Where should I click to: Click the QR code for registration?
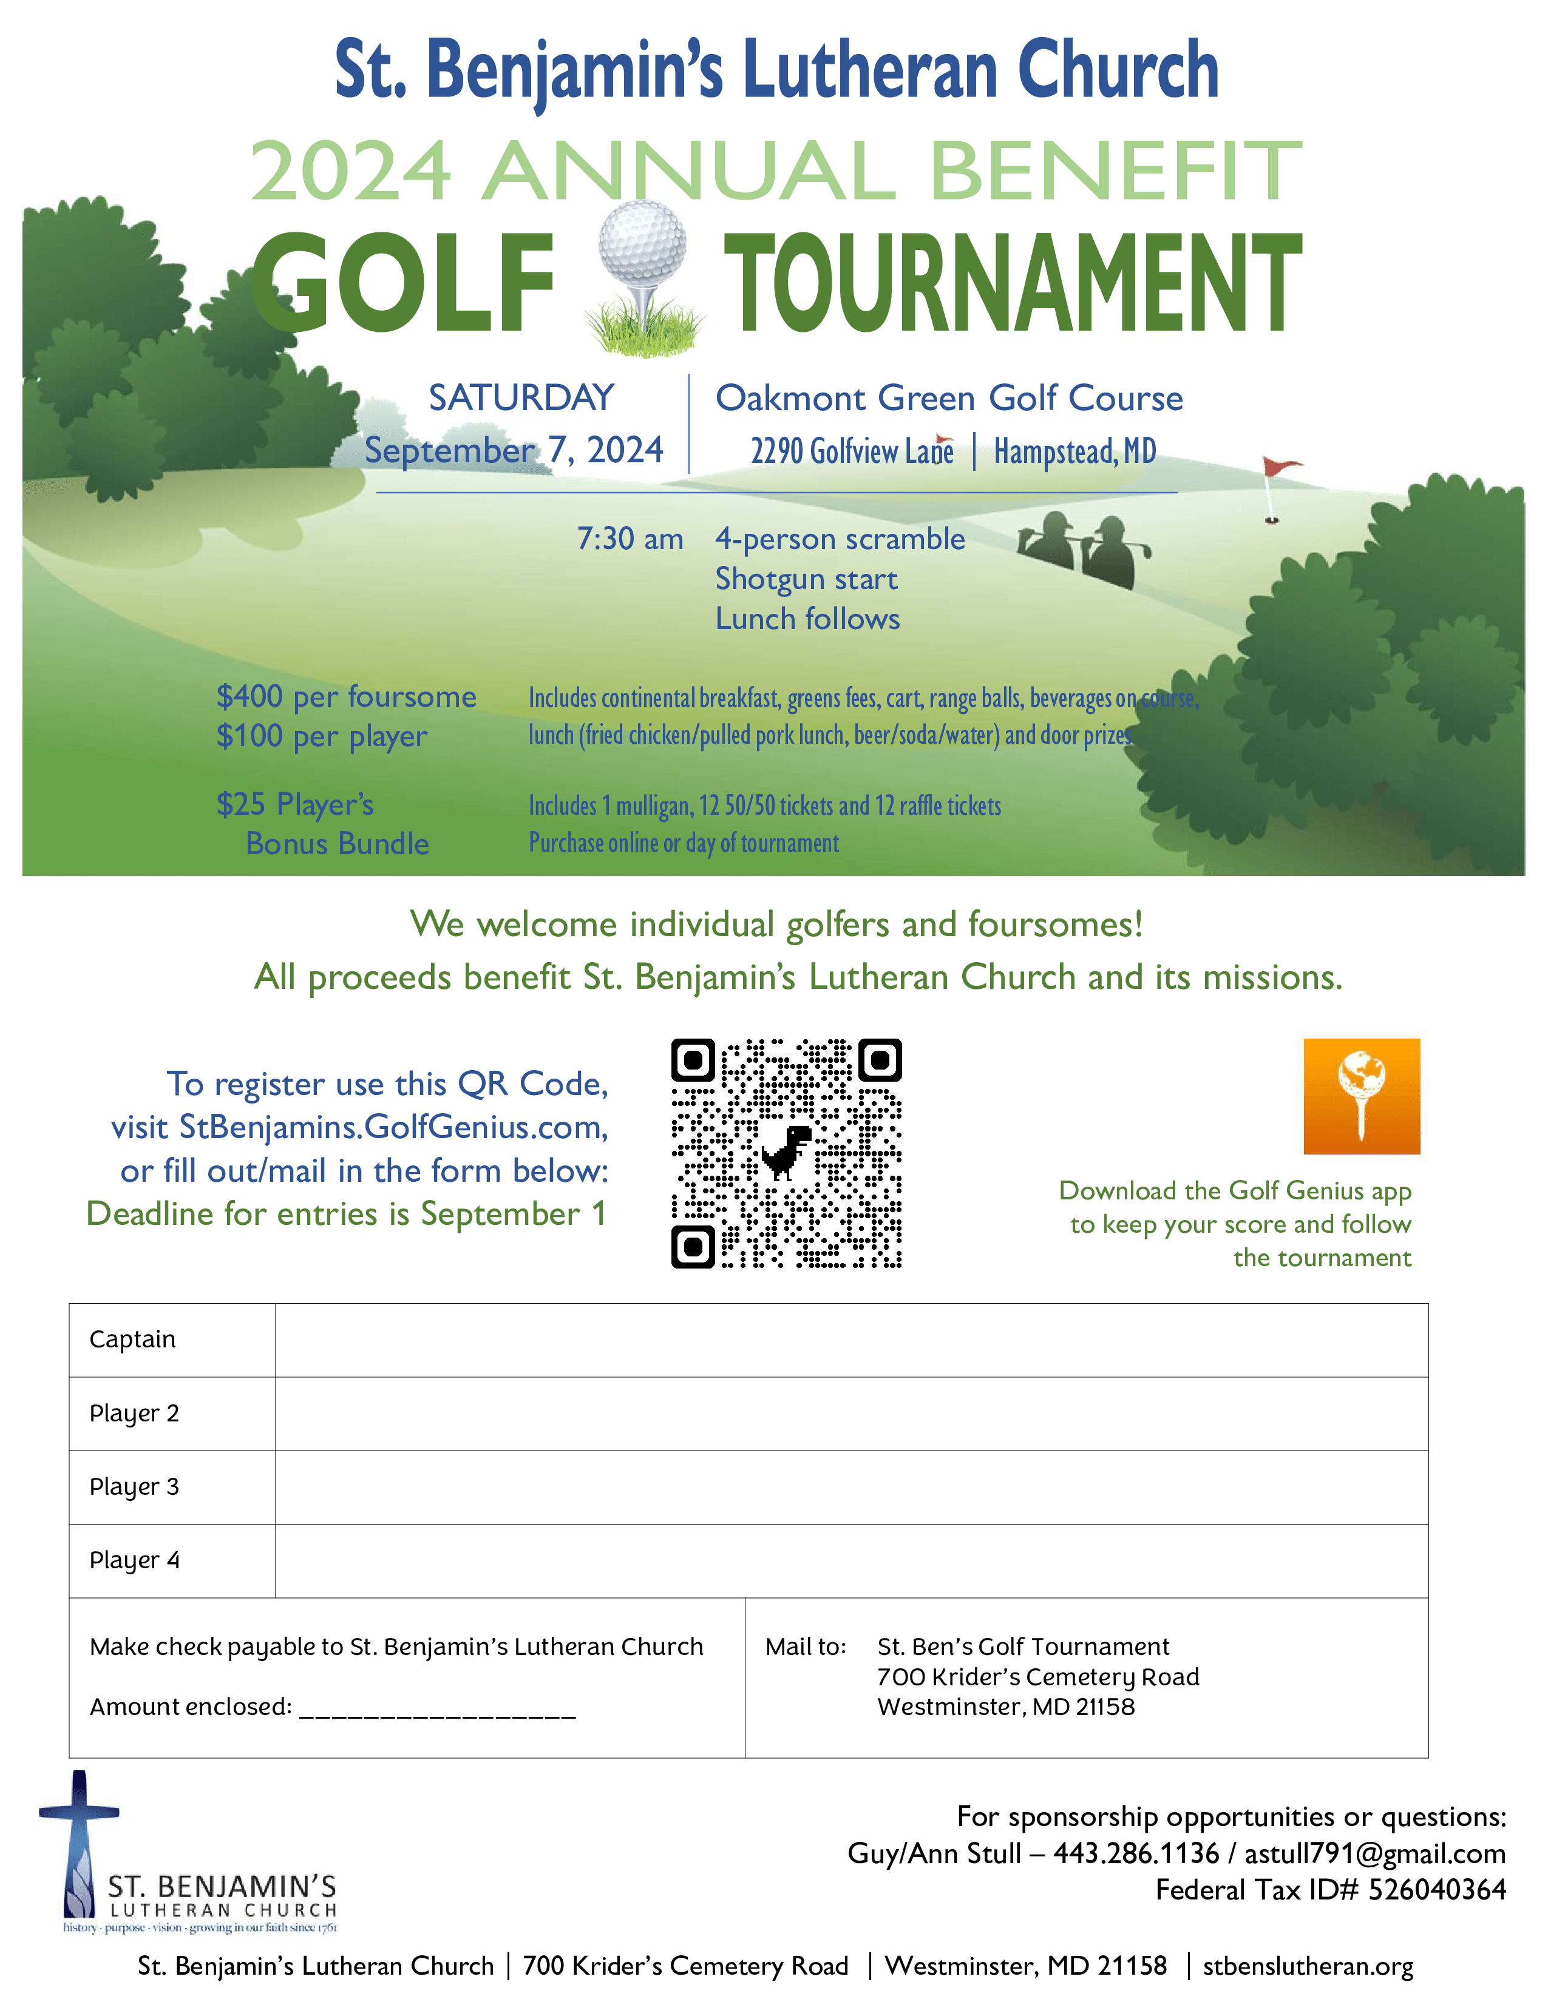click(x=786, y=1153)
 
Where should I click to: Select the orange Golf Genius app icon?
click(x=1361, y=1096)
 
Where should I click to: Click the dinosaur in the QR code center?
click(x=787, y=1151)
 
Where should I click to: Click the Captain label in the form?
click(x=132, y=1340)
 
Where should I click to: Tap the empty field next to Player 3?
click(x=851, y=1487)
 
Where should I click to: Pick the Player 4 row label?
click(x=134, y=1560)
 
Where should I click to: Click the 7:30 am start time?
click(x=630, y=539)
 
